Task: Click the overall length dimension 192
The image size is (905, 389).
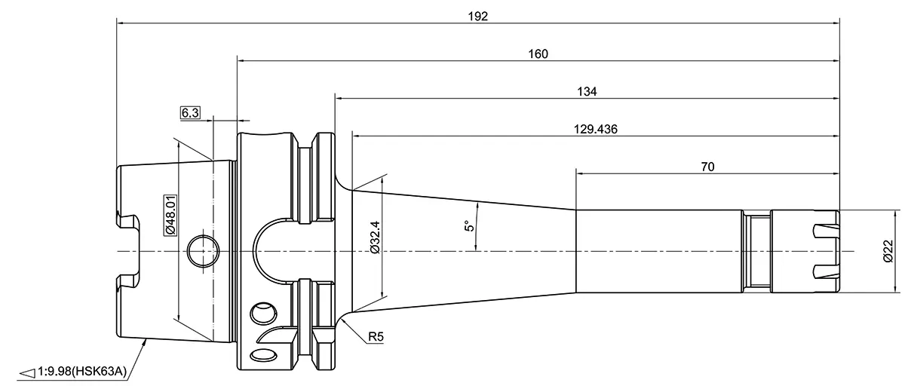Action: click(478, 16)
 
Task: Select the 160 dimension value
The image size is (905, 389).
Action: click(538, 54)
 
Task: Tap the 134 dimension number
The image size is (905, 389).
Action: click(587, 91)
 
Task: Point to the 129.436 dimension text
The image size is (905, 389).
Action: click(596, 129)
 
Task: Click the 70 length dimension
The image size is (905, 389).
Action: click(707, 166)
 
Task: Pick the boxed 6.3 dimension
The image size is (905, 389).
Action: click(190, 113)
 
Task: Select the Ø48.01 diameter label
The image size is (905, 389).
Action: click(170, 215)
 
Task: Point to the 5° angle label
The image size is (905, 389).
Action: click(468, 226)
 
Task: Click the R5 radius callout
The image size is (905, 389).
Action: click(375, 338)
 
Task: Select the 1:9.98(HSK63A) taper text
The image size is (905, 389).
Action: click(83, 371)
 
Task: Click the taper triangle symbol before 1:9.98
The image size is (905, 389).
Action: click(26, 372)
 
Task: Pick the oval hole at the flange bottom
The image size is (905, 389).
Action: click(264, 355)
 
